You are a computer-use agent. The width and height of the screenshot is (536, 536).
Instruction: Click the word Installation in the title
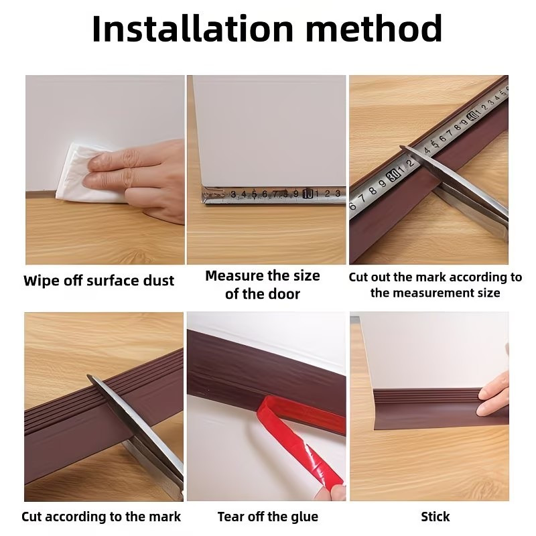[x=192, y=29]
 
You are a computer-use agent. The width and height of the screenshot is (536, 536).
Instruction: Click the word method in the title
[x=374, y=29]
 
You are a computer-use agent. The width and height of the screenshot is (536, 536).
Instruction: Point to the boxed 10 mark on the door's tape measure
[x=308, y=194]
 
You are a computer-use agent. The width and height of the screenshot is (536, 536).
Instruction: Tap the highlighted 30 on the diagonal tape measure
[x=393, y=176]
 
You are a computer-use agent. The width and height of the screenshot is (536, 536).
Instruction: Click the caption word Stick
[x=435, y=517]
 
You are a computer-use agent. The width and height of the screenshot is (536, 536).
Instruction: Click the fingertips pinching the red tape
[x=330, y=492]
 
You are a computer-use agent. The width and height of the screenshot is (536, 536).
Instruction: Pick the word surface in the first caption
[x=113, y=281]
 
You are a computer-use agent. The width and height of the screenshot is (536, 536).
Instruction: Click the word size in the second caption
[x=306, y=275]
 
